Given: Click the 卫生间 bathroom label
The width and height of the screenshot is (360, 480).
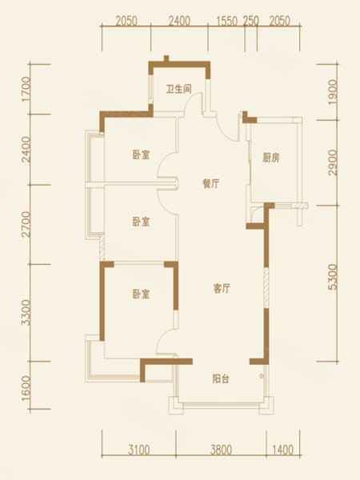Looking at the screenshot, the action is point(178,89).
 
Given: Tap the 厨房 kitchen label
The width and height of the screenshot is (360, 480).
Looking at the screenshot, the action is point(271,158).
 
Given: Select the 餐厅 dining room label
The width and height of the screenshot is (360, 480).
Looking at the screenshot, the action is point(211,184).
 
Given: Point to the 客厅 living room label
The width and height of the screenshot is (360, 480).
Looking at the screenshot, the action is point(222,288).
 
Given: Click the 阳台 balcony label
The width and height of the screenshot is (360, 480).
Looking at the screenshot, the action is point(221,379).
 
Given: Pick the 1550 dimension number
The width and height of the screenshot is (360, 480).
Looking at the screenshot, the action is point(227,21).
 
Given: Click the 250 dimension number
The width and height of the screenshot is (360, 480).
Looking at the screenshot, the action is point(251,21).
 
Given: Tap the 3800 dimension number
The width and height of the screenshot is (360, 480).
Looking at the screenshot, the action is point(222,450).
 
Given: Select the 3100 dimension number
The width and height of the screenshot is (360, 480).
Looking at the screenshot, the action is point(139,450).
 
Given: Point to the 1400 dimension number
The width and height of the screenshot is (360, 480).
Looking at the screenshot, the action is point(282,450).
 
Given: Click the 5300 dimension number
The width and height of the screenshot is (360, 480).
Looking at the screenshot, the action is point(333,278).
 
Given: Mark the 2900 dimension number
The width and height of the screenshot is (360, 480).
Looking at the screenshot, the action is point(333,162).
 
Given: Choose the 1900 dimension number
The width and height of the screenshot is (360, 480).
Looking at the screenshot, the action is point(333,92).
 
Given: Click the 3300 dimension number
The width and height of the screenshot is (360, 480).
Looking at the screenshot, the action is point(26,313).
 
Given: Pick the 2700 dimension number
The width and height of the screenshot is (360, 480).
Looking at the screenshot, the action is point(26,224).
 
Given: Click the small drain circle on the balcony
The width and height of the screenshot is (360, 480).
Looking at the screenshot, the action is point(262,376).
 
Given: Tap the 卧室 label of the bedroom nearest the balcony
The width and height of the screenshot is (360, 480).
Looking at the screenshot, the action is point(141,294).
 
